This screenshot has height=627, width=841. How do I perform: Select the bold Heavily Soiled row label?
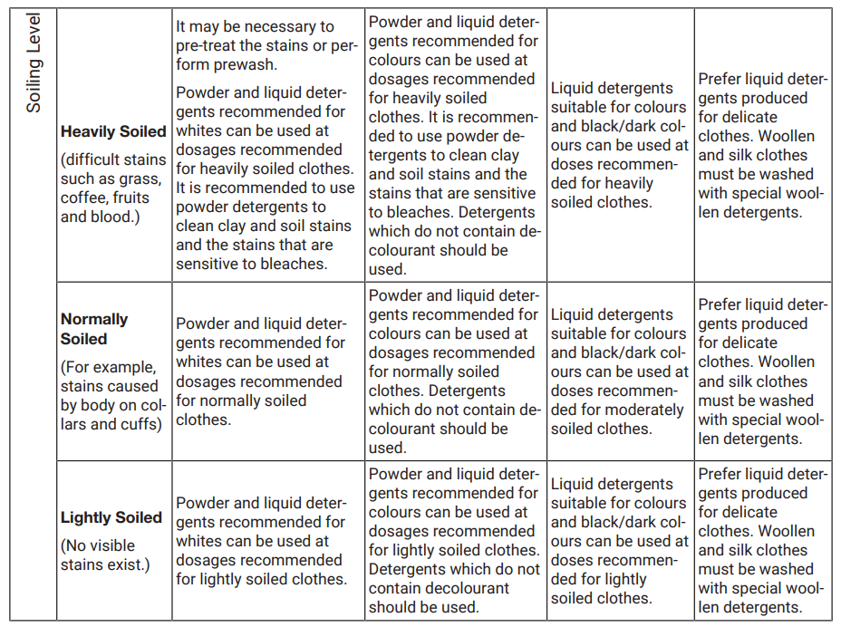[x=113, y=131]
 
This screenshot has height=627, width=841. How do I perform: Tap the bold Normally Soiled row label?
[x=94, y=329]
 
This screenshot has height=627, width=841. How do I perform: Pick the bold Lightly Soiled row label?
[x=111, y=517]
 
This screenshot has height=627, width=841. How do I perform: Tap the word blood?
[x=118, y=217]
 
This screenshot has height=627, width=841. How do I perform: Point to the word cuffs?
[x=141, y=424]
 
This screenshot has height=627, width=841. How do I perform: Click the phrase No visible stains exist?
[x=104, y=555]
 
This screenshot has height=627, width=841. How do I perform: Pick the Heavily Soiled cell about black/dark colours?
[x=620, y=145]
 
